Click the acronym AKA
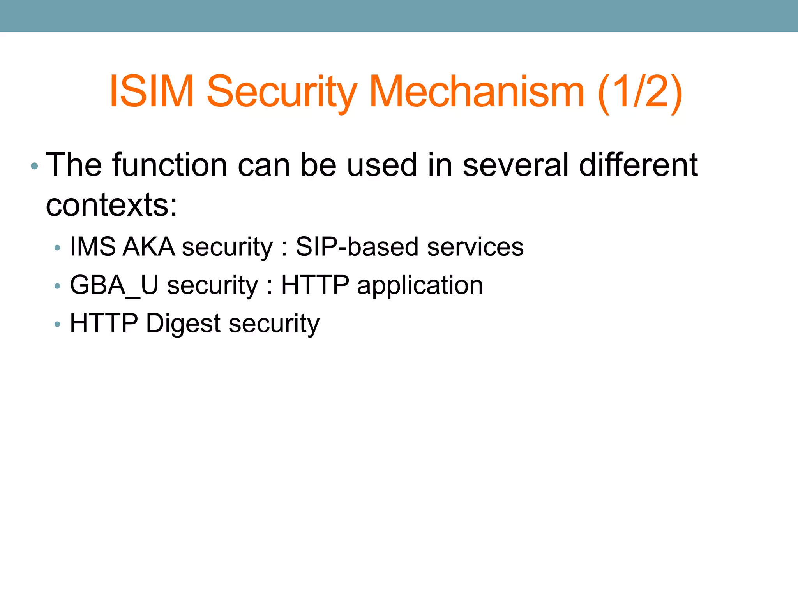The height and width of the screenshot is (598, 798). [x=148, y=247]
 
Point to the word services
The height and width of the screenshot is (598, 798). [x=475, y=247]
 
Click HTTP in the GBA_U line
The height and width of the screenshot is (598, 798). [x=315, y=285]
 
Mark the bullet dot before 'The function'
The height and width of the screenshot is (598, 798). [x=34, y=166]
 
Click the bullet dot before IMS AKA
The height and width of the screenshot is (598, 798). [x=58, y=248]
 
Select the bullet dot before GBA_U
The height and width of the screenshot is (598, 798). [x=58, y=286]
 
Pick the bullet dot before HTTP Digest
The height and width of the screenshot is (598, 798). [x=58, y=324]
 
